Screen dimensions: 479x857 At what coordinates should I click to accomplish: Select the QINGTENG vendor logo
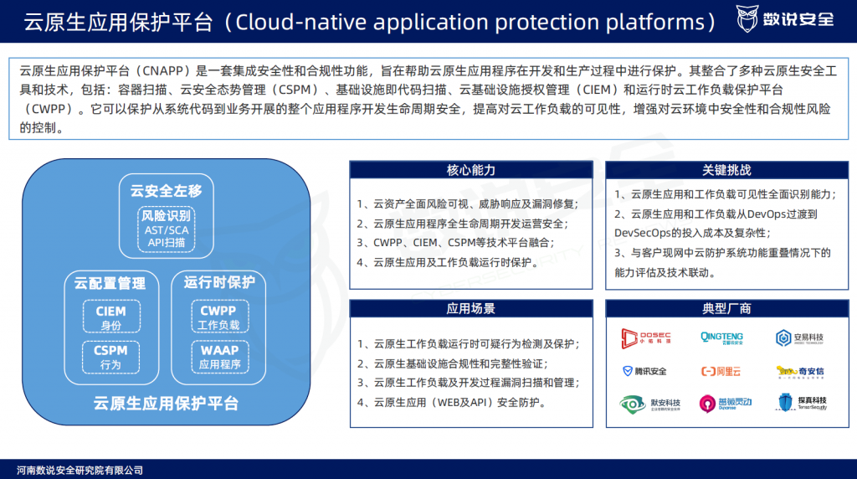point(721,337)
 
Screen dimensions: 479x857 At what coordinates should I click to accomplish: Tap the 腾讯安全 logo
point(644,371)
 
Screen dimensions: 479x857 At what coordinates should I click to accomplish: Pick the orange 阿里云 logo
point(721,371)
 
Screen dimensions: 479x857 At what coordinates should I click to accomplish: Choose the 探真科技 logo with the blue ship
point(801,403)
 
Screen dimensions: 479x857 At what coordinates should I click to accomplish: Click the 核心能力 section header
point(471,170)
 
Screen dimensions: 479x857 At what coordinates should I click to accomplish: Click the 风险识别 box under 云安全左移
point(167,229)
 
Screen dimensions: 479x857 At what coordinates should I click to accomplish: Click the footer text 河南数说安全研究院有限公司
point(80,470)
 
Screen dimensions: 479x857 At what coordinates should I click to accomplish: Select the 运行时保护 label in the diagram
point(219,282)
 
